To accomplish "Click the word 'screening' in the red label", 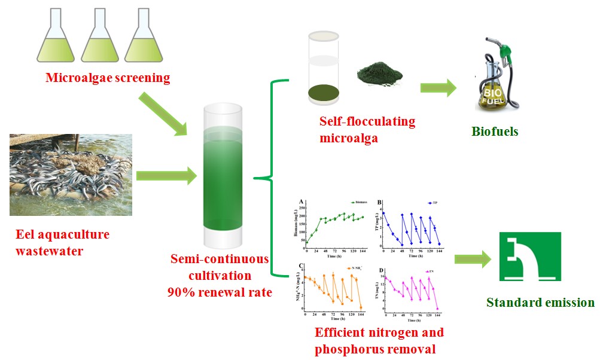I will pos(142,78).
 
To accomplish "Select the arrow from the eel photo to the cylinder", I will pos(167,176).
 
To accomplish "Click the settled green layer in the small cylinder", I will pos(323,93).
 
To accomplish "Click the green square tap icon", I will pos(530,257).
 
